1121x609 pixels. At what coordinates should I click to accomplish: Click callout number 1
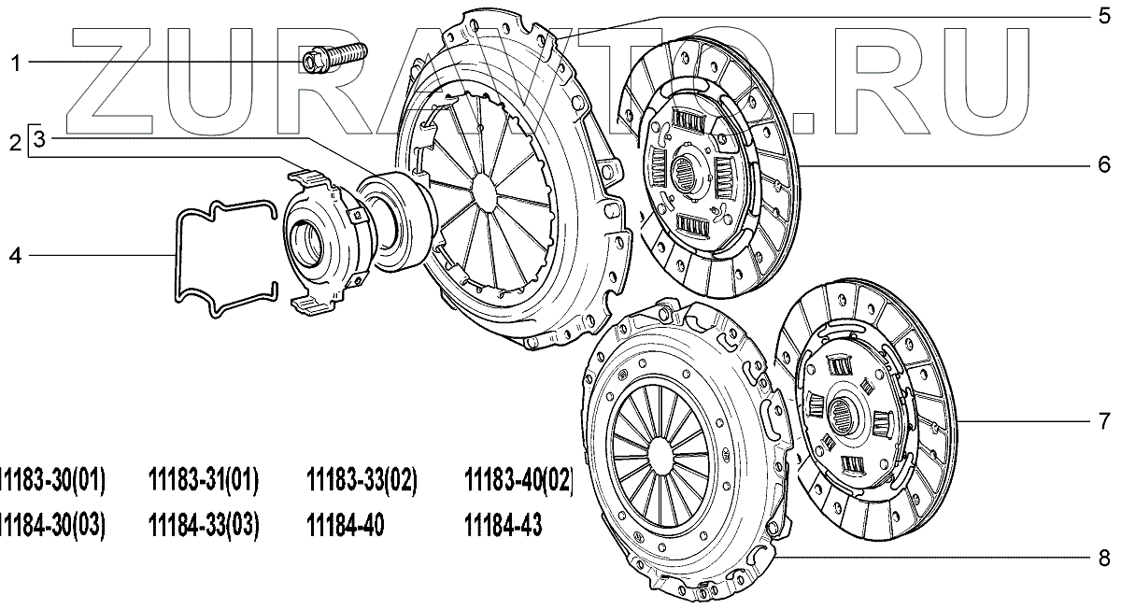pyautogui.click(x=16, y=64)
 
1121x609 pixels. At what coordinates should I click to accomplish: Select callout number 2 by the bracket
pyautogui.click(x=16, y=143)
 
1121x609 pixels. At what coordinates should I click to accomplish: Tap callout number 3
pyautogui.click(x=40, y=138)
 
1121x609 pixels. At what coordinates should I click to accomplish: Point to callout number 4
pyautogui.click(x=16, y=256)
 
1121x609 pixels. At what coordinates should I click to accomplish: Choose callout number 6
pyautogui.click(x=1104, y=164)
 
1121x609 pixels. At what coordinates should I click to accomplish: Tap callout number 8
pyautogui.click(x=1104, y=558)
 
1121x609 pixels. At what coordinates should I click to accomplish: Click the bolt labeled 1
pyautogui.click(x=333, y=58)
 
